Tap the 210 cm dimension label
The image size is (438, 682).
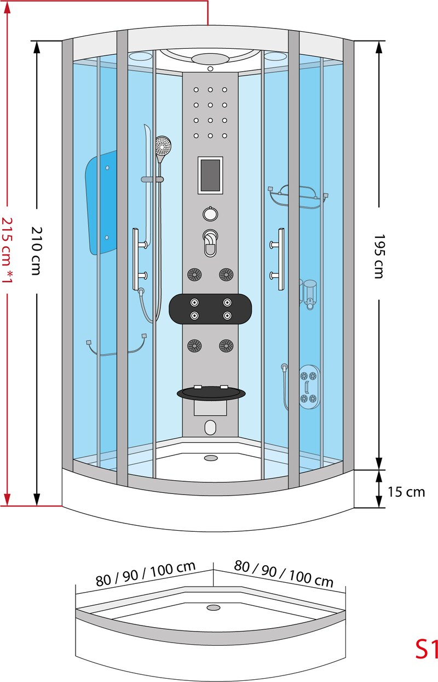tap(37, 251)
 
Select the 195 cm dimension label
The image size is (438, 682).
tap(379, 256)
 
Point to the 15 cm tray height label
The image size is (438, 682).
tap(406, 492)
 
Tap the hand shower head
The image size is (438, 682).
tap(163, 146)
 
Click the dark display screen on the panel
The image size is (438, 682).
tap(210, 175)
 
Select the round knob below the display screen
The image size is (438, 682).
tap(210, 214)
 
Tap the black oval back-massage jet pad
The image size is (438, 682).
tap(210, 309)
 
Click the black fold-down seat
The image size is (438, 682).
tap(211, 393)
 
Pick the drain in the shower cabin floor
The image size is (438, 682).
tap(210, 458)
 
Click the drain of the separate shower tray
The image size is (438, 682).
tap(214, 607)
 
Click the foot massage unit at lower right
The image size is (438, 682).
tap(309, 387)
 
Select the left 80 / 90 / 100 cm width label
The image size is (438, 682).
tap(146, 574)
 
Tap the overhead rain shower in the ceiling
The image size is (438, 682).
tap(210, 59)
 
